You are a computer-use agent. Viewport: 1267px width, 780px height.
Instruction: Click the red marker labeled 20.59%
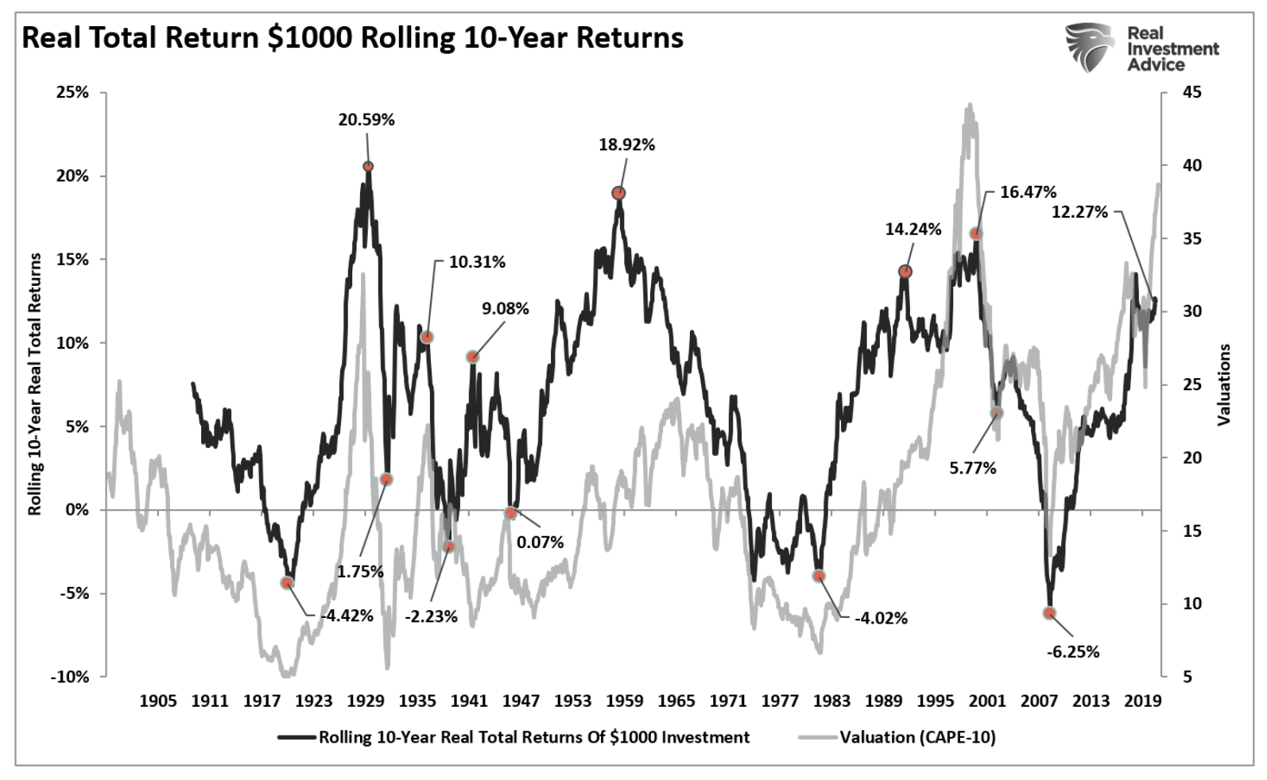coord(368,166)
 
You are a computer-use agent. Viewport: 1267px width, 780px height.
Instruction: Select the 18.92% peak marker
coord(618,193)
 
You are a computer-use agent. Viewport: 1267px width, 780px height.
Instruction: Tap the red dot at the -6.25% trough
coord(1049,612)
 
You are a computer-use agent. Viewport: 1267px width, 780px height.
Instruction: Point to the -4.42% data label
coord(347,616)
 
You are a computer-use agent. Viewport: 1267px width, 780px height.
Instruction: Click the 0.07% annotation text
coord(540,543)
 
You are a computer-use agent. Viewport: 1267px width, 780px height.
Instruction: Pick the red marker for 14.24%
coord(905,271)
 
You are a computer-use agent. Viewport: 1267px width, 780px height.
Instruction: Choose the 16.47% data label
coord(1028,192)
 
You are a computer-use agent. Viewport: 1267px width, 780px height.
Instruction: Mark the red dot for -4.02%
coord(819,576)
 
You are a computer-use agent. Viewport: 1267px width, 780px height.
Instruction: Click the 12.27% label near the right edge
coord(1079,212)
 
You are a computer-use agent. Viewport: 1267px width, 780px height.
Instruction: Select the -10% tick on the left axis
coord(70,677)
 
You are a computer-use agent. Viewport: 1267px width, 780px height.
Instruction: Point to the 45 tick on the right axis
coord(1192,93)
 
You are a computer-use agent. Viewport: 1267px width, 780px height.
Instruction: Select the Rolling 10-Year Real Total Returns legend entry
coord(533,737)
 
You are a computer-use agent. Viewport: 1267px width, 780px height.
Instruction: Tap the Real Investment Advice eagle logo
coord(1090,48)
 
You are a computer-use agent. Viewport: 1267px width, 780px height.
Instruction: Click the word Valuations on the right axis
coord(1224,384)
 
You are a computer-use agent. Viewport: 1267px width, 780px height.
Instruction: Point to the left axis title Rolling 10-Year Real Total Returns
coord(35,384)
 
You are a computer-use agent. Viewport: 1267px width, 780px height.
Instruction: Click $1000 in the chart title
coord(310,37)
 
